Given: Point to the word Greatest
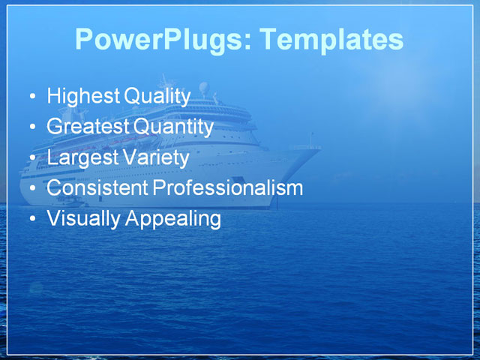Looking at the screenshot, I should tap(88, 127).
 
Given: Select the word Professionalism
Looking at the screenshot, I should tap(227, 188).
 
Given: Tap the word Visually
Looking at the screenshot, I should tap(82, 219).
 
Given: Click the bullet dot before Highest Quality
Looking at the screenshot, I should tap(30, 97).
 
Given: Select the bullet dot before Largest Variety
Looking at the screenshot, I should tap(30, 159).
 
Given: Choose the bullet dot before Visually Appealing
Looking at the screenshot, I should tap(30, 220).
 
